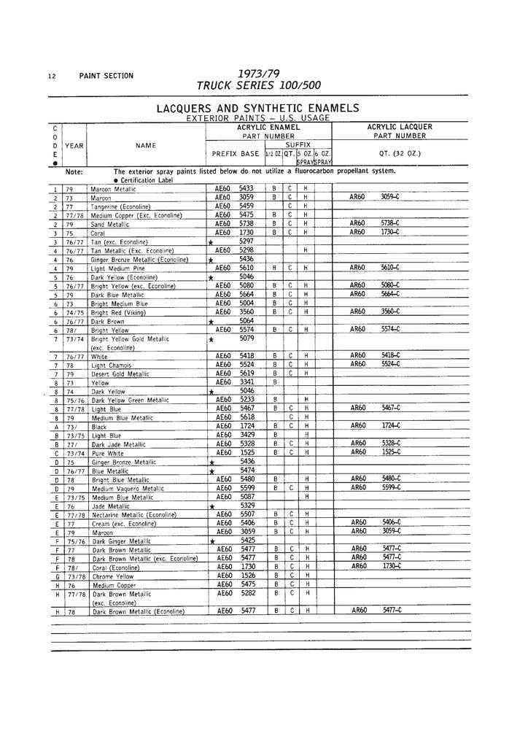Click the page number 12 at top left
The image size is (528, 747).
pyautogui.click(x=50, y=76)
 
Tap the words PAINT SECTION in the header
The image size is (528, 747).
pyautogui.click(x=106, y=76)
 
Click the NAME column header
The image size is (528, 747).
pyautogui.click(x=146, y=145)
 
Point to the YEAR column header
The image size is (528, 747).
pyautogui.click(x=74, y=145)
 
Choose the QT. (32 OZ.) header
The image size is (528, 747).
pyautogui.click(x=400, y=153)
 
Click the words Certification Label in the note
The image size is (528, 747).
pyautogui.click(x=147, y=180)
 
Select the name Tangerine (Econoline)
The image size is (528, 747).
pyautogui.click(x=120, y=206)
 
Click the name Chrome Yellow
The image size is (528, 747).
pyautogui.click(x=114, y=576)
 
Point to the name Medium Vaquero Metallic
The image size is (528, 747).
pyautogui.click(x=128, y=488)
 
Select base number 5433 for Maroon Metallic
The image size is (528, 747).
pyautogui.click(x=246, y=188)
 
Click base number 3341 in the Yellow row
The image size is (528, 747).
pyautogui.click(x=246, y=382)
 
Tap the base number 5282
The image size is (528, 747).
pyautogui.click(x=246, y=593)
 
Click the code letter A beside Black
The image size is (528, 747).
pyautogui.click(x=55, y=426)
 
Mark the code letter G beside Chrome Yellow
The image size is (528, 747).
pyautogui.click(x=55, y=576)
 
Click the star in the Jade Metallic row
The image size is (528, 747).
pyautogui.click(x=211, y=506)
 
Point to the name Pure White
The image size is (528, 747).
pyautogui.click(x=108, y=452)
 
